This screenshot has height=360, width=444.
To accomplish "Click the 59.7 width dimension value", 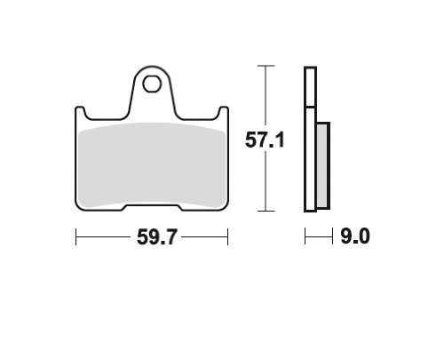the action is (x=156, y=237).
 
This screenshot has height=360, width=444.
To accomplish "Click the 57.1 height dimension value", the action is (x=265, y=140).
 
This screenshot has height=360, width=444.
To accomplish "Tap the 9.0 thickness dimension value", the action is (x=355, y=236).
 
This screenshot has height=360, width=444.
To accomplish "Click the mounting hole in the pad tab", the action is (x=152, y=84).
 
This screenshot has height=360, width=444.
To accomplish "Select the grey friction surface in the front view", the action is (x=152, y=164).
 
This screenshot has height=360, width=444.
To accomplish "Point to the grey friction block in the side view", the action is (x=322, y=165).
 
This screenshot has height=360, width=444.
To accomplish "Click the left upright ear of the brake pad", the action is (x=80, y=113).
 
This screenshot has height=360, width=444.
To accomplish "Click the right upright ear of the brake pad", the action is (x=224, y=113).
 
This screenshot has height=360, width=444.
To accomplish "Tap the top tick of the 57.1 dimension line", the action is (x=266, y=66).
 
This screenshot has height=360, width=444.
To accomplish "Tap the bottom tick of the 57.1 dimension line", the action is (x=266, y=211).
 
